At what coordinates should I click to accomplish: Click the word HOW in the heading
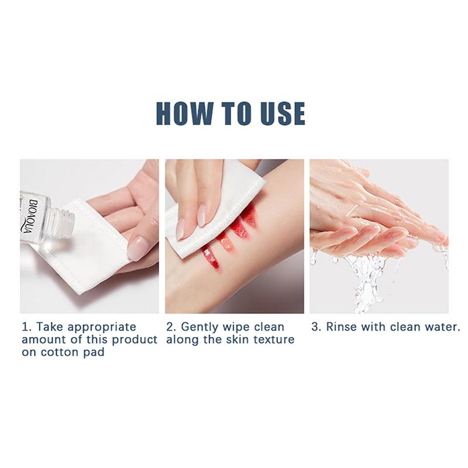coord(185,113)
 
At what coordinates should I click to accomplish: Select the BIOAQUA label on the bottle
coord(29,215)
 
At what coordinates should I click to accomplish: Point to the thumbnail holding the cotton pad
coord(138,247)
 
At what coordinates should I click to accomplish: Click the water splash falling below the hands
coord(367,277)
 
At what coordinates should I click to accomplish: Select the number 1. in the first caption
coord(26,327)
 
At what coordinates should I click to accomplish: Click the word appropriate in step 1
coord(102,328)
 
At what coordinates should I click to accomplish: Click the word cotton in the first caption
coord(57,352)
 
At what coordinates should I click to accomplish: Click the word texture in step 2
coord(277,340)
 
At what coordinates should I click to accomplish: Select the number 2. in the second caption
coord(171,327)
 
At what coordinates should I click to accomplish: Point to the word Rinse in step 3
coord(341,327)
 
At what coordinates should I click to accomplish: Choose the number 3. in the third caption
coord(316,327)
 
